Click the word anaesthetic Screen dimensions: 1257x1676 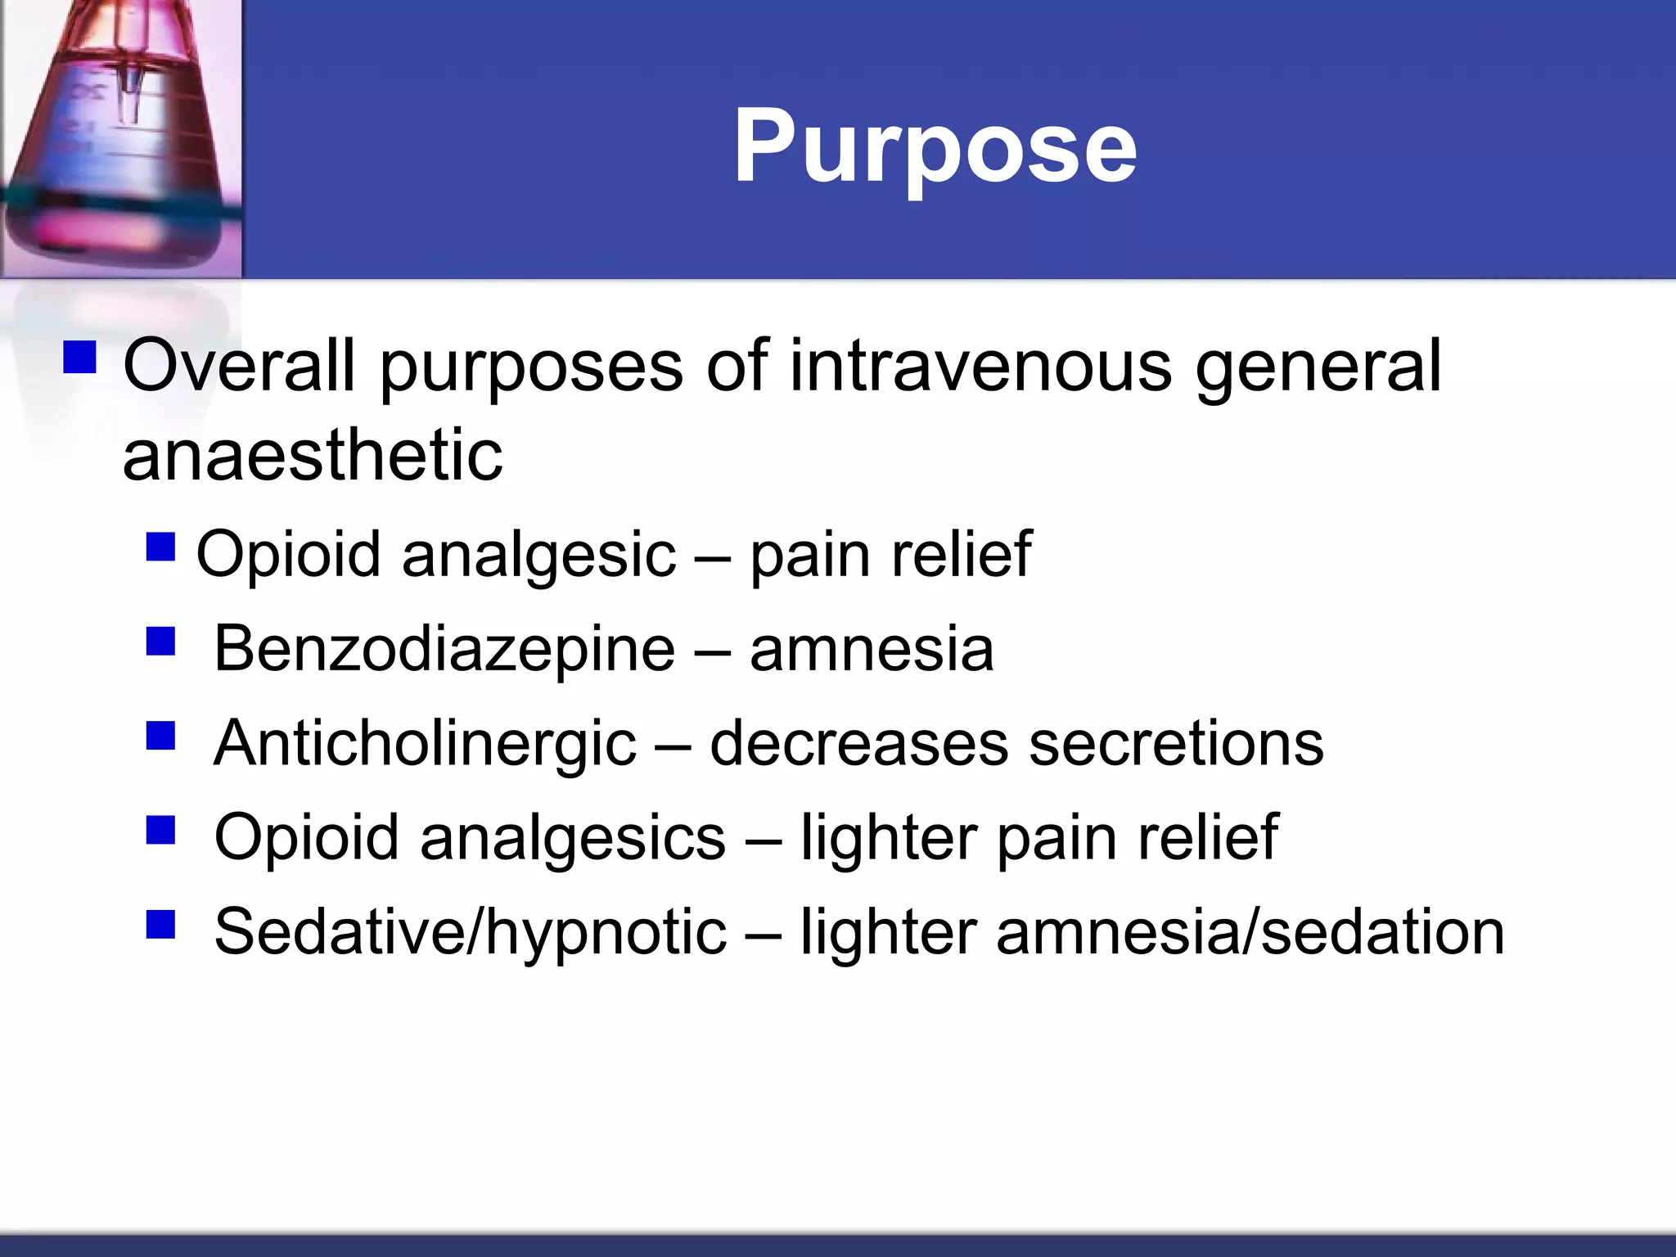click(313, 455)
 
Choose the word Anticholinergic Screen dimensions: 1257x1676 click(425, 744)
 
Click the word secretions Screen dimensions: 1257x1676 click(1176, 744)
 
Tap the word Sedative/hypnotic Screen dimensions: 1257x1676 click(470, 932)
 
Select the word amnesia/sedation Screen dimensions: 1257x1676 click(1250, 932)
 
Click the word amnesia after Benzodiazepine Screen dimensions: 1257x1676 click(872, 650)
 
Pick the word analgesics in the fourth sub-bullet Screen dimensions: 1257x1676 click(572, 838)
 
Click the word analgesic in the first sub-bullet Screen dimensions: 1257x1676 click(538, 556)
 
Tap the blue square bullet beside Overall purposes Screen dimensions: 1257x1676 click(79, 358)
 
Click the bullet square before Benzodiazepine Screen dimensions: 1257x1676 click(161, 642)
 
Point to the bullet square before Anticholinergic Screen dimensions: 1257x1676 click(161, 736)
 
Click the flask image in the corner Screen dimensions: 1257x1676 click(121, 139)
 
